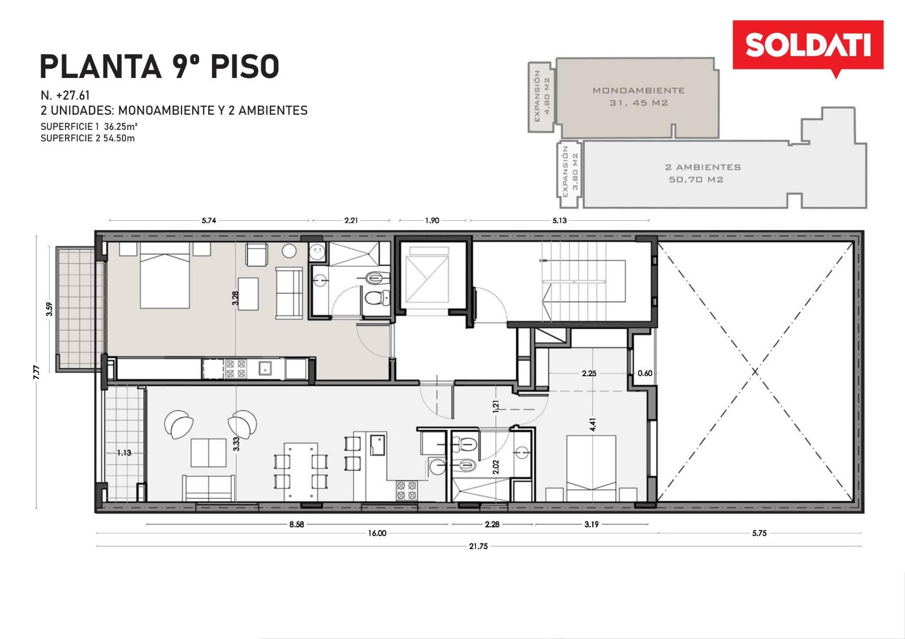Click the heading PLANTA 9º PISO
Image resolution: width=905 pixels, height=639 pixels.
pyautogui.click(x=160, y=67)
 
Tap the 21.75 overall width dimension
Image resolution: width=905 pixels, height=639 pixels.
pyautogui.click(x=479, y=546)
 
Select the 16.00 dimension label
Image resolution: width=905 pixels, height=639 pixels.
pyautogui.click(x=377, y=533)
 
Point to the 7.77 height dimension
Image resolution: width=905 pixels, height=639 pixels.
pyautogui.click(x=37, y=372)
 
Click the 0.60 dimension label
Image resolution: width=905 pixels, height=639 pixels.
pyautogui.click(x=645, y=373)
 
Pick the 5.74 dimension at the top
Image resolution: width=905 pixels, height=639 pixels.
pyautogui.click(x=209, y=220)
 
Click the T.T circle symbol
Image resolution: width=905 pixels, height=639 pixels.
pyautogui.click(x=317, y=251)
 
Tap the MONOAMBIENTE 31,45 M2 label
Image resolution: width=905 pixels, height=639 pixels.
pyautogui.click(x=639, y=97)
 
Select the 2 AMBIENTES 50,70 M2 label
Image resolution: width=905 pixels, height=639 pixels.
pyautogui.click(x=703, y=173)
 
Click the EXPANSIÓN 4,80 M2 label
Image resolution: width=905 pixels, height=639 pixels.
pyautogui.click(x=542, y=96)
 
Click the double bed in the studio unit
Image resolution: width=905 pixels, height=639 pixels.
pyautogui.click(x=165, y=275)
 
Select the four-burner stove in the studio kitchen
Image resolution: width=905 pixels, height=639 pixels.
pyautogui.click(x=235, y=368)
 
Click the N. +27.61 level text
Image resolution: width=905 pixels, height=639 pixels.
pyautogui.click(x=65, y=95)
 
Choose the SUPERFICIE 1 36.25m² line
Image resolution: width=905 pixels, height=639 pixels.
pyautogui.click(x=89, y=127)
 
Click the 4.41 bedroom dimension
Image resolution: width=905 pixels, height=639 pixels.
pyautogui.click(x=592, y=424)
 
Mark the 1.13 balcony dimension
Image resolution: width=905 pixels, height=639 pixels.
pyautogui.click(x=124, y=453)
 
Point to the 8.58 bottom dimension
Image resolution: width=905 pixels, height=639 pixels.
pyautogui.click(x=296, y=524)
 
